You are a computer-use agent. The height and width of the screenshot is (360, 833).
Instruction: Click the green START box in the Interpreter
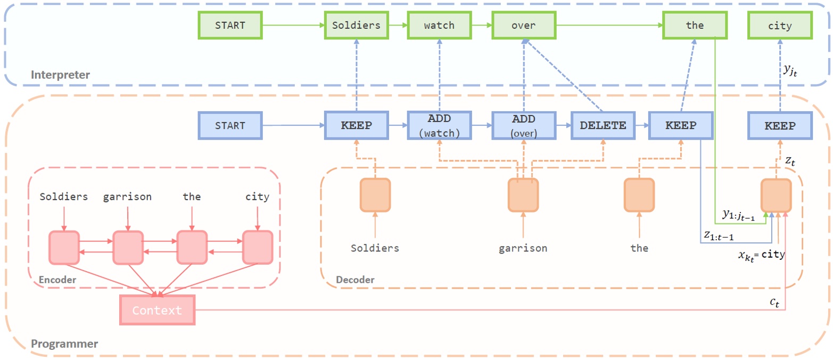pyautogui.click(x=229, y=25)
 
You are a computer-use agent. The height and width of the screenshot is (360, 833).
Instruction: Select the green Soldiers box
pyautogui.click(x=356, y=25)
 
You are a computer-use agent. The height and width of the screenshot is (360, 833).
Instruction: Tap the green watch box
pyautogui.click(x=439, y=25)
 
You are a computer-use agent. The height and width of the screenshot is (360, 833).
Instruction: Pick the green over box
pyautogui.click(x=524, y=25)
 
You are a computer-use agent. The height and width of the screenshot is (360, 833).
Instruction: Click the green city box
pyautogui.click(x=780, y=25)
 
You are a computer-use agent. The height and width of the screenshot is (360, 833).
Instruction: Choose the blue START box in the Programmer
pyautogui.click(x=229, y=126)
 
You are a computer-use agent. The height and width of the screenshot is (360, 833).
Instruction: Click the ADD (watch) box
pyautogui.click(x=439, y=126)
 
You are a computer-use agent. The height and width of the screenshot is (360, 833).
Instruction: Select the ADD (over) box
pyautogui.click(x=524, y=126)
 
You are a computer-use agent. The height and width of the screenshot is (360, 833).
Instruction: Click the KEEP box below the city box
pyautogui.click(x=780, y=126)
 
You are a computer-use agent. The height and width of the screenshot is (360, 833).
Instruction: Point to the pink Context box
pyautogui.click(x=157, y=310)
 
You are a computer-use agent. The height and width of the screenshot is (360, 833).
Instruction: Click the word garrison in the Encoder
pyautogui.click(x=127, y=197)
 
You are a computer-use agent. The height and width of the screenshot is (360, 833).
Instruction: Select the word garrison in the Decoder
pyautogui.click(x=523, y=248)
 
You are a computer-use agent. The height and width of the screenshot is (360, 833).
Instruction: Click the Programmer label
pyautogui.click(x=64, y=343)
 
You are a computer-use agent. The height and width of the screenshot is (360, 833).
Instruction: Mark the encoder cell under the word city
pyautogui.click(x=258, y=247)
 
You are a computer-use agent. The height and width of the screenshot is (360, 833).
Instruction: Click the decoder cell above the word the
pyautogui.click(x=639, y=194)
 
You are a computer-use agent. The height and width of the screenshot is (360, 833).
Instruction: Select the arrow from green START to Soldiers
pyautogui.click(x=294, y=25)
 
